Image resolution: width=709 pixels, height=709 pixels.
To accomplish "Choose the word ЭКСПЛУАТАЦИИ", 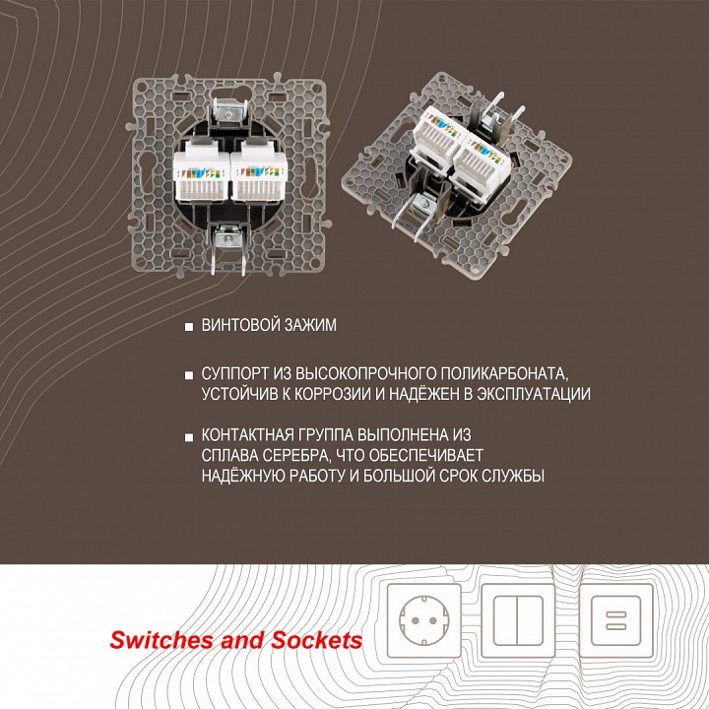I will coord(532,394).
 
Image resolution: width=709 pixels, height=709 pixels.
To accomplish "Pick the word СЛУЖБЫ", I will coord(511,476).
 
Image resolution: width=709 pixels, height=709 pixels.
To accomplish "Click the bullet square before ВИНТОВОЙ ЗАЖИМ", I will coord(187,326).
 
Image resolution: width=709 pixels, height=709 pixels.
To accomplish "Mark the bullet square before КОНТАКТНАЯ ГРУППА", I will coord(187,435).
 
